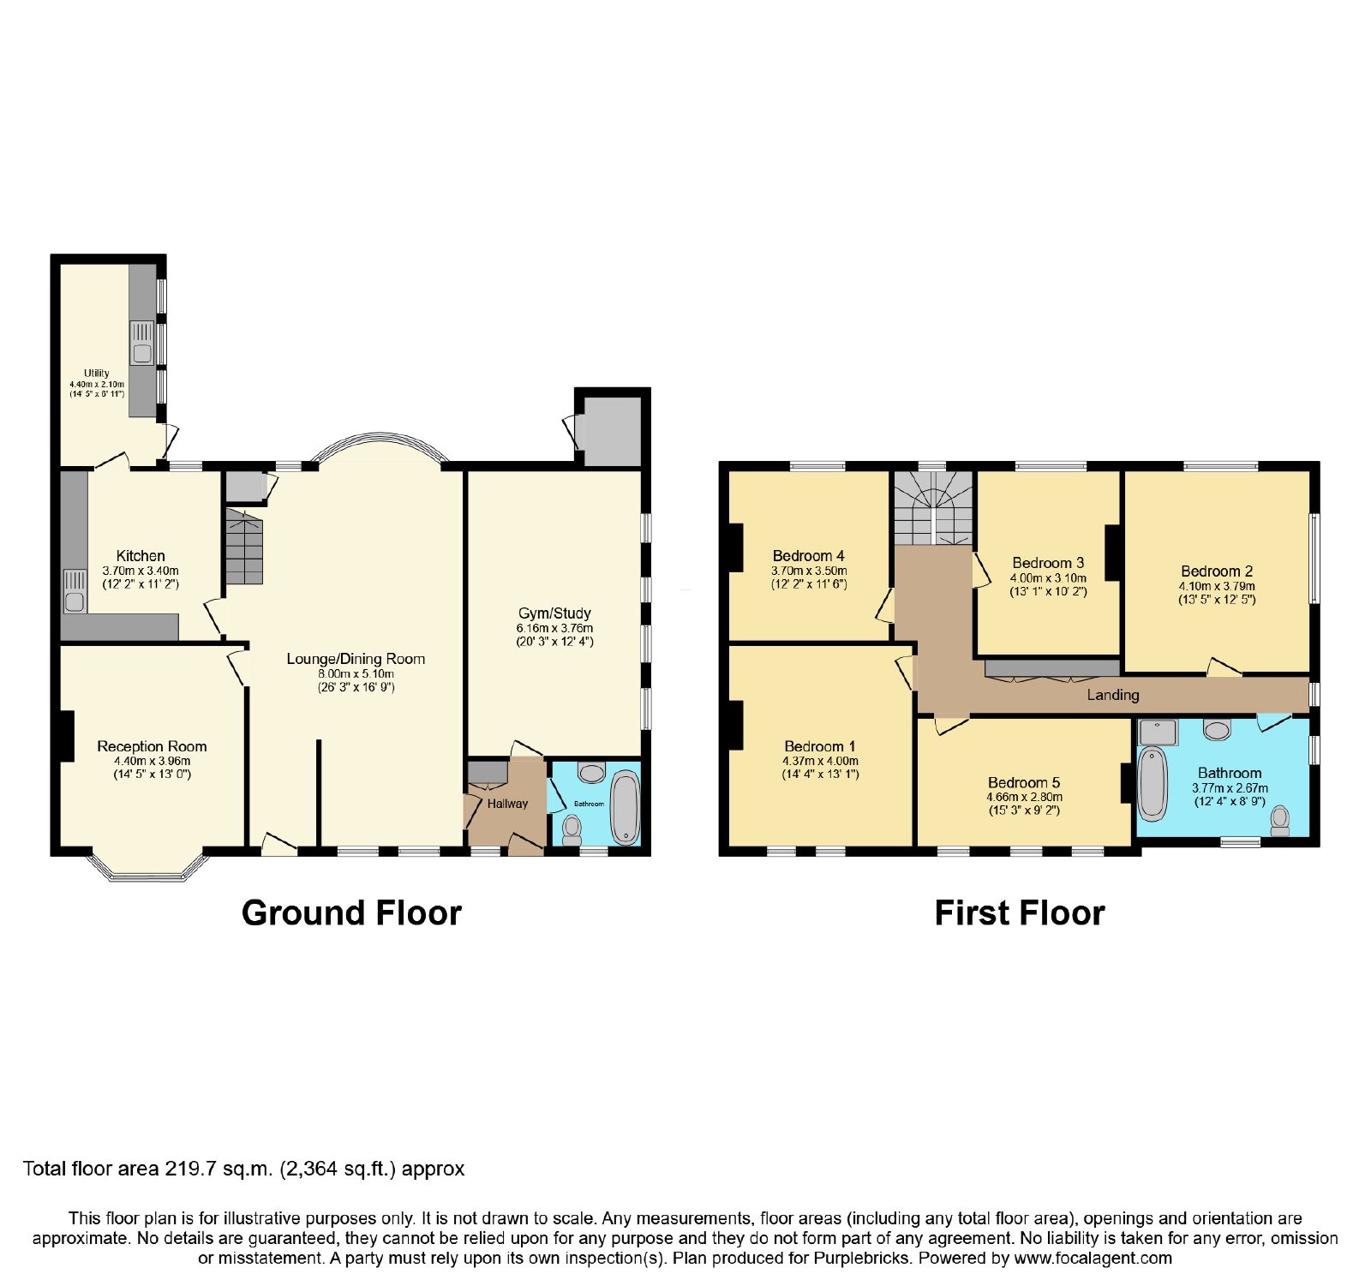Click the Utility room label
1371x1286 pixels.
click(97, 374)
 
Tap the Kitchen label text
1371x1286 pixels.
click(141, 556)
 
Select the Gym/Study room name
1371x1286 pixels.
click(554, 613)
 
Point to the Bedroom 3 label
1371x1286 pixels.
click(1048, 563)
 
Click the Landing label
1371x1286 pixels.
click(1113, 695)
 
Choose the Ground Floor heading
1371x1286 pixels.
click(351, 913)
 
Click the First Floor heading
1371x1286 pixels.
click(1020, 913)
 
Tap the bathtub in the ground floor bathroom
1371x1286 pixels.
click(625, 808)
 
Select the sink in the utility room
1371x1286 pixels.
click(142, 342)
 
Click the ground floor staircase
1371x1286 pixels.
click(244, 546)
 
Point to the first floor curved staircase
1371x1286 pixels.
click(934, 507)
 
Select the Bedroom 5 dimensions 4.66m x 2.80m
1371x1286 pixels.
click(1024, 798)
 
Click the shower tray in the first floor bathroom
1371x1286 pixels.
click(1158, 733)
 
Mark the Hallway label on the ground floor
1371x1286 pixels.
click(507, 804)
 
